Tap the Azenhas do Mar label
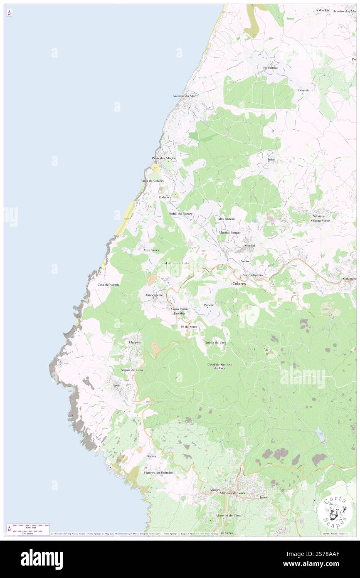[184, 96]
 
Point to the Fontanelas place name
[267, 67]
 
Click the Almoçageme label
[153, 295]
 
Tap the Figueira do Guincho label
[158, 473]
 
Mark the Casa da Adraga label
[108, 284]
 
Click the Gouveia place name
[304, 90]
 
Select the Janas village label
[271, 160]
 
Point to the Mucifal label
[249, 246]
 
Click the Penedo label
[209, 305]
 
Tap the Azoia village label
[117, 385]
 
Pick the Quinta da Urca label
[215, 342]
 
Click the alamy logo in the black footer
[42, 559]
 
